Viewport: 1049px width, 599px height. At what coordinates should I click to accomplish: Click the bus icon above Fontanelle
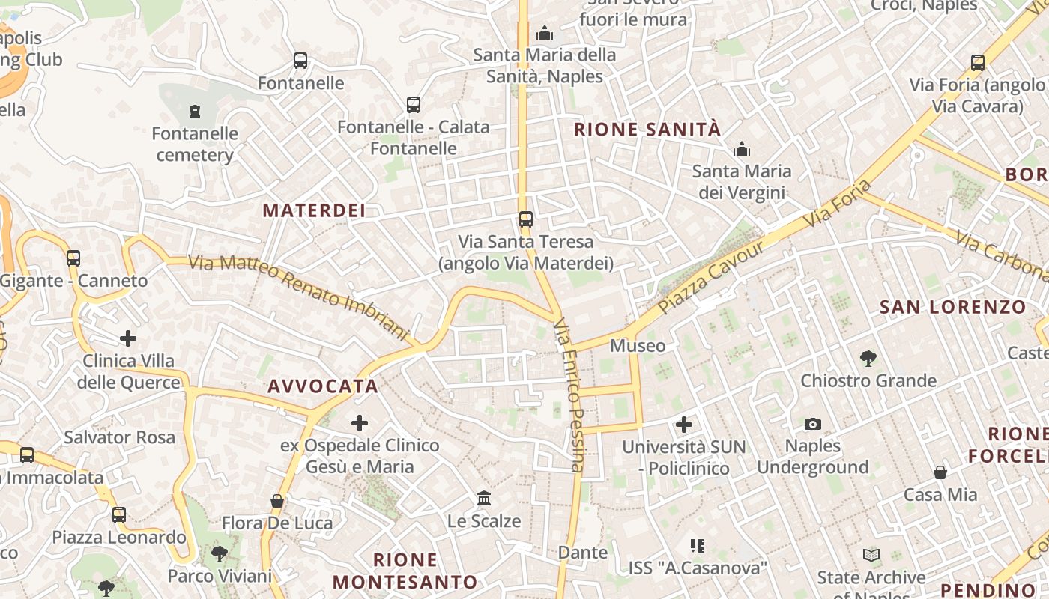pyautogui.click(x=300, y=61)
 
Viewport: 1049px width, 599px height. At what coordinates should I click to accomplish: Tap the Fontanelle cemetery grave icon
pyautogui.click(x=195, y=112)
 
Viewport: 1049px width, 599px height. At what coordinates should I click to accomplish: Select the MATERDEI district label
pyautogui.click(x=314, y=210)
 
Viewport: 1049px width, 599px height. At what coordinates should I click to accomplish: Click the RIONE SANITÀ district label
pyautogui.click(x=647, y=130)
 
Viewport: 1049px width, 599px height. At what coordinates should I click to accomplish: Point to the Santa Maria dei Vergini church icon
pyautogui.click(x=742, y=149)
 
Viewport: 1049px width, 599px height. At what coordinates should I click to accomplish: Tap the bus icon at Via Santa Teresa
pyautogui.click(x=526, y=219)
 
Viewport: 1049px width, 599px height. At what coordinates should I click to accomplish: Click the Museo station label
pyautogui.click(x=638, y=345)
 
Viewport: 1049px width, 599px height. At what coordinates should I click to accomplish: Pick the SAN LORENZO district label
pyautogui.click(x=952, y=307)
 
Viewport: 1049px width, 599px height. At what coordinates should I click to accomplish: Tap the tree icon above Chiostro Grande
pyautogui.click(x=868, y=358)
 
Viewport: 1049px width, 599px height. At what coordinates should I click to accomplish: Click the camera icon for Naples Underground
pyautogui.click(x=813, y=425)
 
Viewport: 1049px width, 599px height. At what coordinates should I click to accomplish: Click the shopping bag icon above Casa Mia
pyautogui.click(x=940, y=472)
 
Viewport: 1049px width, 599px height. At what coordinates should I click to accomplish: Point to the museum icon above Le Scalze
pyautogui.click(x=484, y=498)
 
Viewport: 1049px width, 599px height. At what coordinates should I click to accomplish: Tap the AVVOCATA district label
pyautogui.click(x=323, y=386)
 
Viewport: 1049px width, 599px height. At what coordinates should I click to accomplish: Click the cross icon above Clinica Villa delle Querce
pyautogui.click(x=128, y=338)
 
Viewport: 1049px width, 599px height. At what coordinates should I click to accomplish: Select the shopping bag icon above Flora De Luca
pyautogui.click(x=277, y=501)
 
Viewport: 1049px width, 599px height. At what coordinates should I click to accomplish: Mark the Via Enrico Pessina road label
pyautogui.click(x=569, y=395)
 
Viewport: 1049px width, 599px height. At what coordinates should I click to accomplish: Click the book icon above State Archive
pyautogui.click(x=871, y=555)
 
